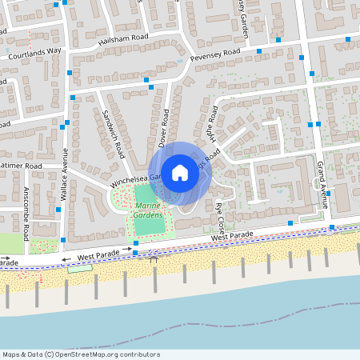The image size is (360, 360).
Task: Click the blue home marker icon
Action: tap(180, 172)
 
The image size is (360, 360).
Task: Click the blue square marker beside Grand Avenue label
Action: tap(328, 194)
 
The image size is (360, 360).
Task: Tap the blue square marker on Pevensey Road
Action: tap(259, 50)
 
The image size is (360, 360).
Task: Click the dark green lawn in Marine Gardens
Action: tap(149, 223)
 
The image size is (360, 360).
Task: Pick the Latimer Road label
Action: tap(22, 166)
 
